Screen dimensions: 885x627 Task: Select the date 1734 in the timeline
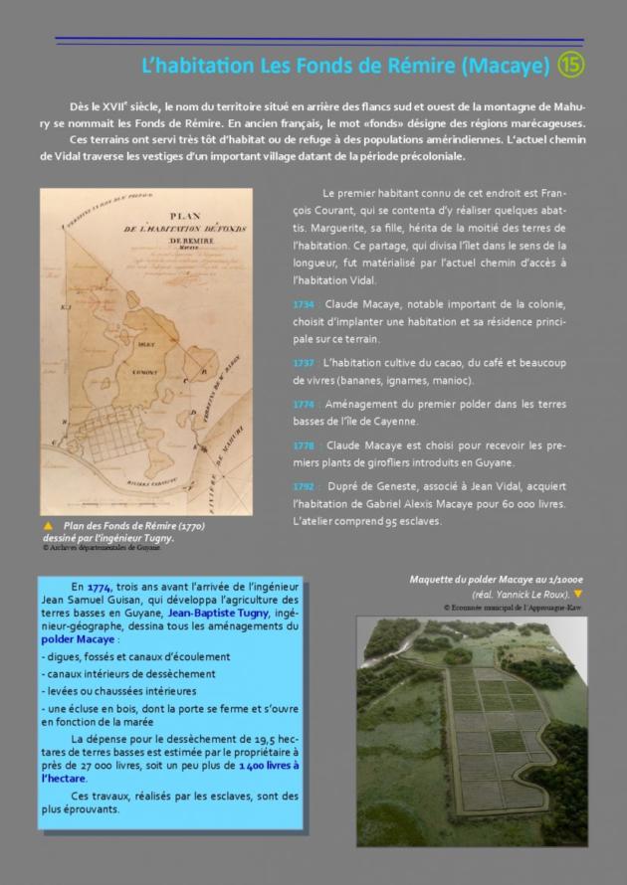305,302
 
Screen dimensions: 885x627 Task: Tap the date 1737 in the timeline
305,363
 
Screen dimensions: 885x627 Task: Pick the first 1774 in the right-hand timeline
305,404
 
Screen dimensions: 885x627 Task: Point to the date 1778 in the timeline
305,444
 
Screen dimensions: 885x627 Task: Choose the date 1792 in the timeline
305,486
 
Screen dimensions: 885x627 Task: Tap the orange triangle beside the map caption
47,525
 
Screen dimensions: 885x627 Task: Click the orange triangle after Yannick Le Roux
577,594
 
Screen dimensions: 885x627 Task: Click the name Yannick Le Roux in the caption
533,594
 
